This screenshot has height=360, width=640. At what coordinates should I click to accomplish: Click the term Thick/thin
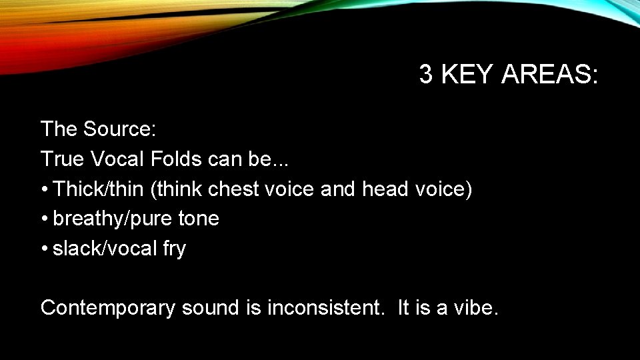click(98, 189)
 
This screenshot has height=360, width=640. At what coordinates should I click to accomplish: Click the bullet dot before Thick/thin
click(44, 190)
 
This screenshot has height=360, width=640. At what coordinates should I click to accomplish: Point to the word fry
click(174, 249)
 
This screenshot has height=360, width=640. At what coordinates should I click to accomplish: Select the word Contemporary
click(108, 308)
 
